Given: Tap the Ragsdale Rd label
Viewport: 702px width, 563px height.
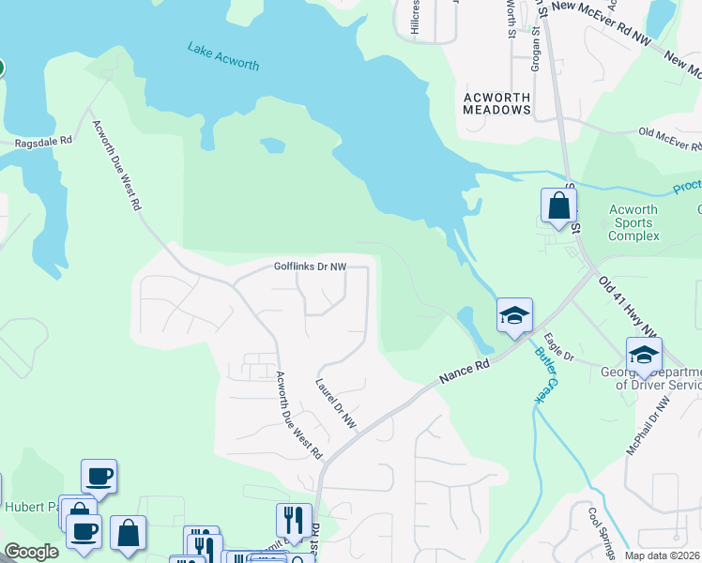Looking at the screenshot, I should click(43, 143).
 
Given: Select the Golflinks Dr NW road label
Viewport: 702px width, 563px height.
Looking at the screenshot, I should click(310, 266).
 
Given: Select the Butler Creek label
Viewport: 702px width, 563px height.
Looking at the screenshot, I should click(545, 375).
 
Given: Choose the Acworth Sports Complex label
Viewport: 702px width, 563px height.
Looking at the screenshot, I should click(633, 223).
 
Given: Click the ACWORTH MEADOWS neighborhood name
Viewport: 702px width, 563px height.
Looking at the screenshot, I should click(496, 103).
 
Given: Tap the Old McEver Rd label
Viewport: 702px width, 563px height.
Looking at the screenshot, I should click(668, 140).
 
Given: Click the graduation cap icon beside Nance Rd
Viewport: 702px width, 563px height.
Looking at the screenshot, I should click(514, 316).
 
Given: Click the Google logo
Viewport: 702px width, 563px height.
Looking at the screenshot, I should click(31, 553).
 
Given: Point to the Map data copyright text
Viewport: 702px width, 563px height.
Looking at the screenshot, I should click(662, 555).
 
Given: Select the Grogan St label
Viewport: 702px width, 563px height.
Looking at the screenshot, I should click(536, 43).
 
